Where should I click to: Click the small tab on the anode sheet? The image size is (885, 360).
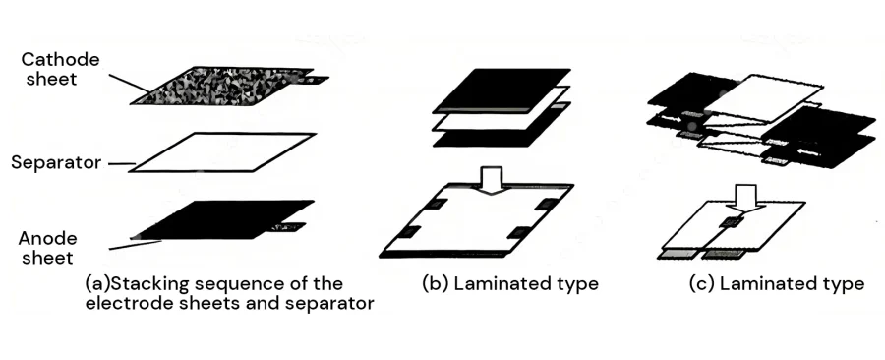click(292, 228)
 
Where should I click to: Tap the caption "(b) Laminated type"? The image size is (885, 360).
click(509, 284)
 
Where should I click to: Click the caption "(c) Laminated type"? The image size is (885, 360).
click(777, 284)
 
